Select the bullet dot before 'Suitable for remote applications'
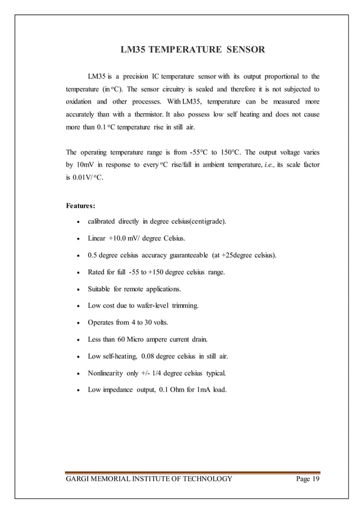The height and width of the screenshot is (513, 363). pos(77,289)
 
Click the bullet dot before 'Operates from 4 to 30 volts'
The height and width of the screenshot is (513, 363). pos(77,323)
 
